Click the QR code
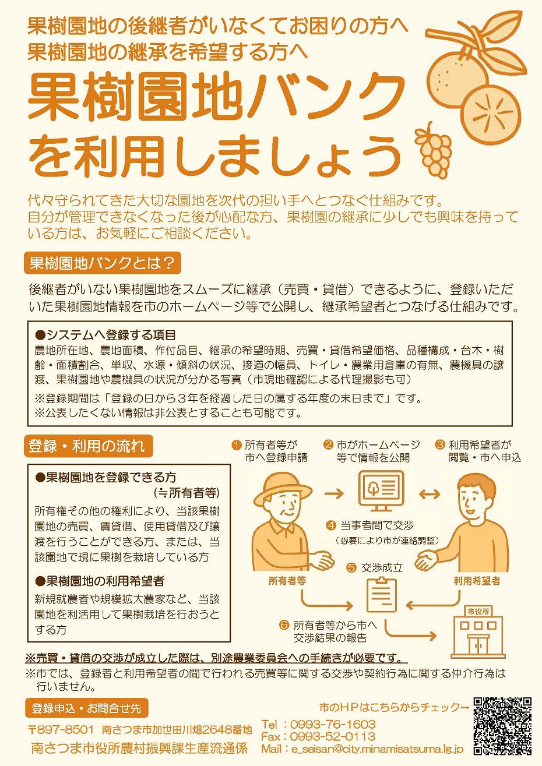[x=502, y=726]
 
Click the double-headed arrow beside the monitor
[x=430, y=493]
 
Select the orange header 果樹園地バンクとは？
[x=103, y=263]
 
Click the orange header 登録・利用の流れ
[x=88, y=446]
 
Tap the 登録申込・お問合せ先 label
[x=87, y=708]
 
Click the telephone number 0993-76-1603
[x=333, y=724]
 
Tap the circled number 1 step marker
[x=236, y=445]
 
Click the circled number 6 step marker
[x=284, y=626]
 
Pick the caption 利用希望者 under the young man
[x=477, y=581]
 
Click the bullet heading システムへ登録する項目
[x=105, y=335]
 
